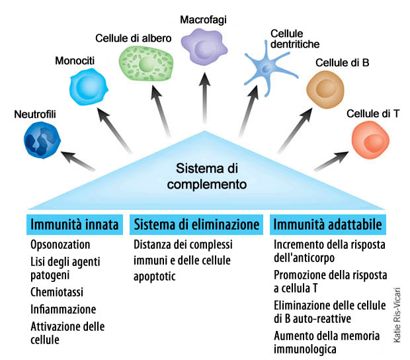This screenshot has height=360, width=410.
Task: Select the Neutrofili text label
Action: (34, 115)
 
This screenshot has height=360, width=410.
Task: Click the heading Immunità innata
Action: (74, 225)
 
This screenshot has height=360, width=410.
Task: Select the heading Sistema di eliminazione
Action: (197, 225)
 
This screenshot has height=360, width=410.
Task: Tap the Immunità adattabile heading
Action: (327, 225)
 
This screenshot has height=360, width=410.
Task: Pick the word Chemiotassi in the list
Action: (58, 292)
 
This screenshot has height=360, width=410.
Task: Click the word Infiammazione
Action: (63, 308)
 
